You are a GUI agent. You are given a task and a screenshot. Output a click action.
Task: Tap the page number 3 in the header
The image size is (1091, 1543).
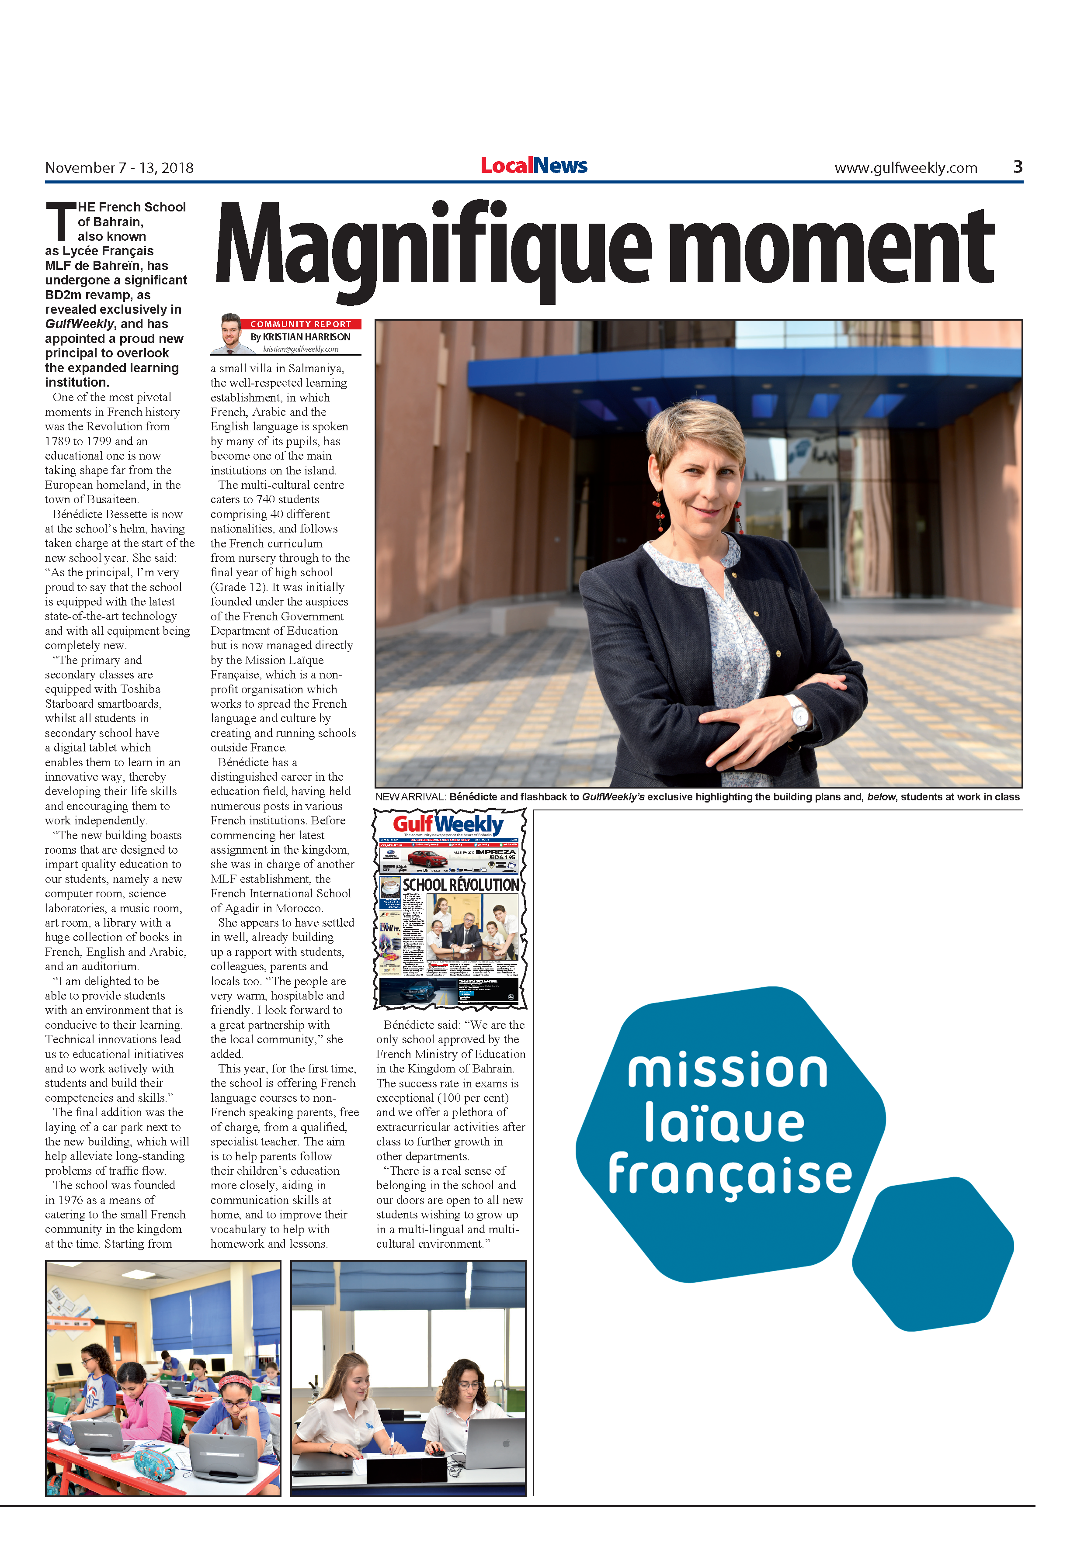(x=1017, y=167)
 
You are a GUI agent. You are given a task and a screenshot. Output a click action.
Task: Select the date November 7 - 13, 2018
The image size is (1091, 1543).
(x=119, y=168)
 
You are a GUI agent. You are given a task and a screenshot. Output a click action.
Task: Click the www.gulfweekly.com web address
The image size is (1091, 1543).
(x=906, y=168)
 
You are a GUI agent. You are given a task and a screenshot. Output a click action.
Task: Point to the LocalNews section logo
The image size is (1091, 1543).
(x=534, y=165)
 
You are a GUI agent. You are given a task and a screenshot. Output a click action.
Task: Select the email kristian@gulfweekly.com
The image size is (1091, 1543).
(x=300, y=349)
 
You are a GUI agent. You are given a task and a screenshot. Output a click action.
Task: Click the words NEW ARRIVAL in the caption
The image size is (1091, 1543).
(x=410, y=797)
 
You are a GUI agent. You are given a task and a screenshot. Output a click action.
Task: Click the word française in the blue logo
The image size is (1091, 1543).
(x=730, y=1175)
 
